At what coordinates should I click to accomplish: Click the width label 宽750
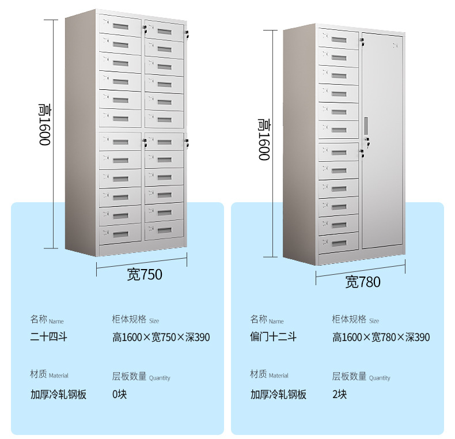(x=145, y=275)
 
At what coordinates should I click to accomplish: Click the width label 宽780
(x=363, y=282)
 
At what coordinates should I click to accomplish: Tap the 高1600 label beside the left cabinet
(x=44, y=124)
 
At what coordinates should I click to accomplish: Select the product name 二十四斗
(x=48, y=337)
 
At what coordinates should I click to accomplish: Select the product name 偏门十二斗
(x=273, y=337)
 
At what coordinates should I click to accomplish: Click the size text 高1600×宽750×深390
(x=161, y=337)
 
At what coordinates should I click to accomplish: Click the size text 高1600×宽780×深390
(x=381, y=337)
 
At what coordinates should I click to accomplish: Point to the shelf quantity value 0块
(x=119, y=395)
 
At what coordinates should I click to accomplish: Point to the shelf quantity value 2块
(x=339, y=395)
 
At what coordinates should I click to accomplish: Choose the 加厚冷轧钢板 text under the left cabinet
(x=58, y=395)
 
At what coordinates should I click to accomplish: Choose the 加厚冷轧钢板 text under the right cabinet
(x=278, y=395)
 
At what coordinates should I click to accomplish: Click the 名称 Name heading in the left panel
(x=47, y=320)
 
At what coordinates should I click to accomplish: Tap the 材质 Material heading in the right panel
(x=269, y=375)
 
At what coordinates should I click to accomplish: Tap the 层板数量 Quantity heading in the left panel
(x=141, y=377)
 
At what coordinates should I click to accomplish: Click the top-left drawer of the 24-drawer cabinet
(x=120, y=25)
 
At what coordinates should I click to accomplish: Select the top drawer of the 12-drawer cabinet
(x=338, y=38)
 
